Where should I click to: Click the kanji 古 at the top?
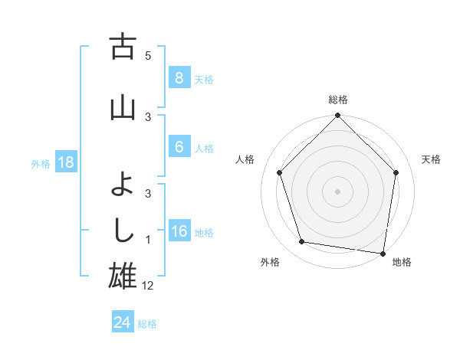(123, 47)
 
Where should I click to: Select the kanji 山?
(123, 107)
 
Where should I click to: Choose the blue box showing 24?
(122, 322)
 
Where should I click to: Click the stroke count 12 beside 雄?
(148, 286)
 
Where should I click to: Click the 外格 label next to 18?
(41, 163)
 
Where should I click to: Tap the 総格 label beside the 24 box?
(147, 324)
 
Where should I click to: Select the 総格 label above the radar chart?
(337, 100)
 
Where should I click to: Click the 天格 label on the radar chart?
(431, 159)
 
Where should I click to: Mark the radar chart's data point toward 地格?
(383, 253)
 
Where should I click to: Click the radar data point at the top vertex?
(337, 116)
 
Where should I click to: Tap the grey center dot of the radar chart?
(337, 191)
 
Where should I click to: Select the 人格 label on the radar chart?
(245, 159)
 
